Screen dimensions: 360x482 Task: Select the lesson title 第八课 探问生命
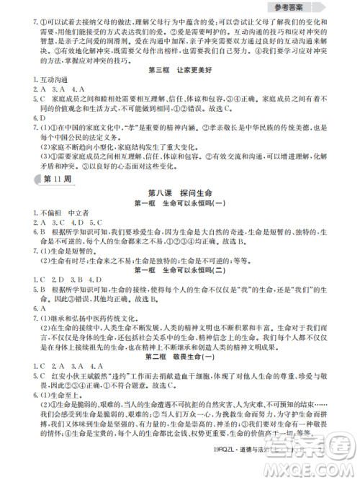tap(180, 192)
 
